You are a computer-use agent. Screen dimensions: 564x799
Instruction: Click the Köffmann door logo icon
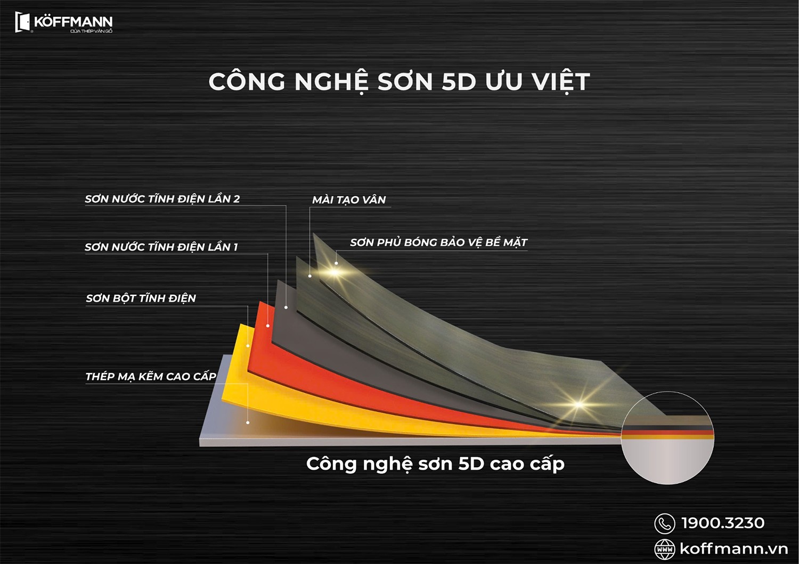pos(22,22)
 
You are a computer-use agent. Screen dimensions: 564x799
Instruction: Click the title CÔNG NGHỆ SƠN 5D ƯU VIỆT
pos(399,82)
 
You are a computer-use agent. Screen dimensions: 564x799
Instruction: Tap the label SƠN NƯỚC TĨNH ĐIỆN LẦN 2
pos(162,199)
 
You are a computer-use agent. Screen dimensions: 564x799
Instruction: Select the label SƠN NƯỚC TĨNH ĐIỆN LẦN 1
pos(161,247)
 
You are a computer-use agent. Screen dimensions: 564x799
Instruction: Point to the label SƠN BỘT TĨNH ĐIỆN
pos(141,298)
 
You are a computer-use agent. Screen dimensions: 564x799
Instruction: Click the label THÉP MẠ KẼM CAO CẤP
pos(151,377)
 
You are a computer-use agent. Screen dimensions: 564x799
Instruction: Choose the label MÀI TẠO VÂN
pos(349,200)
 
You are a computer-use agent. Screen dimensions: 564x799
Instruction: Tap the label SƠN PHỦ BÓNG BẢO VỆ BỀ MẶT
pos(438,243)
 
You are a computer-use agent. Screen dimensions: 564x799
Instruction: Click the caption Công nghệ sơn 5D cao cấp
pos(435,464)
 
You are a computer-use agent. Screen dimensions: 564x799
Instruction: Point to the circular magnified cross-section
pos(667,438)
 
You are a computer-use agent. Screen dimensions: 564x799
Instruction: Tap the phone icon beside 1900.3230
pos(664,524)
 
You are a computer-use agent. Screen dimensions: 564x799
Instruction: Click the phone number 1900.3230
pos(723,523)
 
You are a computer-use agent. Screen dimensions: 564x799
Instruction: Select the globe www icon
pos(664,549)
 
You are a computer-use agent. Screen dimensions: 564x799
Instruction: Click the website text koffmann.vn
pos(733,549)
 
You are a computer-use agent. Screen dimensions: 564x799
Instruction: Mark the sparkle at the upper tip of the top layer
pos(334,272)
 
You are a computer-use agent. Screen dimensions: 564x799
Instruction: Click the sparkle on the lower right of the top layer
pos(578,404)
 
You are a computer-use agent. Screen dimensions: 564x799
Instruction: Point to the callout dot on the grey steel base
pos(248,422)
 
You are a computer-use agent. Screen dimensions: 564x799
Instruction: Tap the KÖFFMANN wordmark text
pos(73,22)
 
